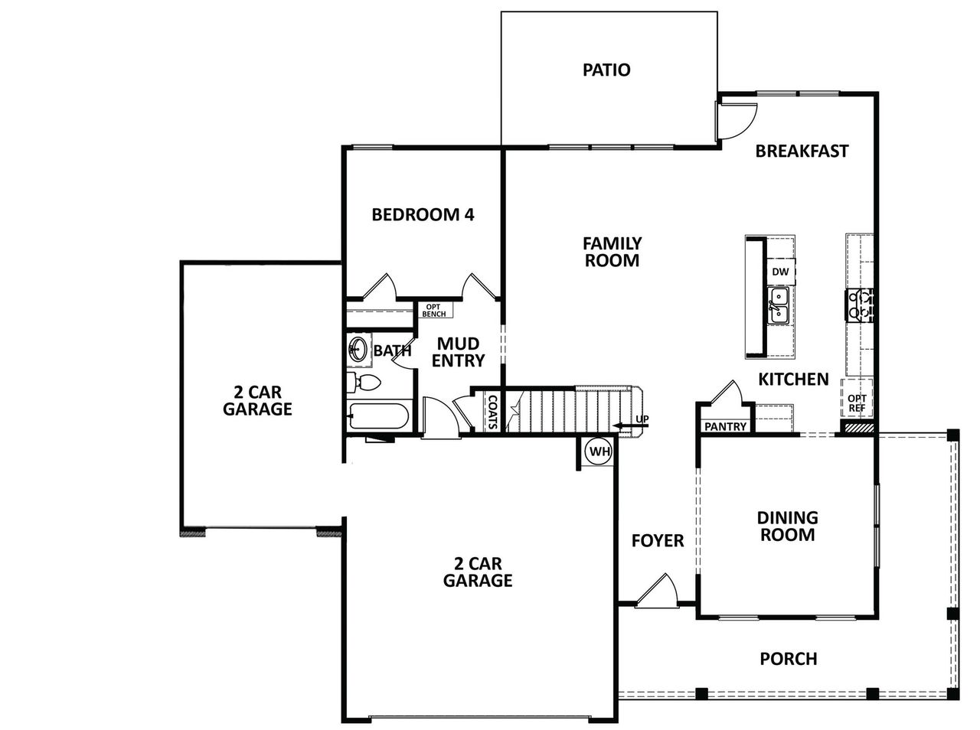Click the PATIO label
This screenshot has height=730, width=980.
click(x=606, y=70)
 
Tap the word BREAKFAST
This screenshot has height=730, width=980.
click(x=802, y=151)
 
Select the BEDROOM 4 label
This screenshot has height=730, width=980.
click(x=423, y=214)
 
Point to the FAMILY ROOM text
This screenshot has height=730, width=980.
click(x=612, y=252)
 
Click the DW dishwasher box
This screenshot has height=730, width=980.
click(x=779, y=272)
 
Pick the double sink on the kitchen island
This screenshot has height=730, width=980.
click(x=779, y=305)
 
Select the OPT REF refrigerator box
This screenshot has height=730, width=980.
click(x=857, y=403)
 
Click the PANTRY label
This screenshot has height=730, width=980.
click(x=724, y=426)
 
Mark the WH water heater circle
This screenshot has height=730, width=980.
click(x=599, y=451)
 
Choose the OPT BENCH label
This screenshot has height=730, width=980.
click(x=434, y=311)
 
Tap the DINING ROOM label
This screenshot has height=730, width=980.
click(x=787, y=526)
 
